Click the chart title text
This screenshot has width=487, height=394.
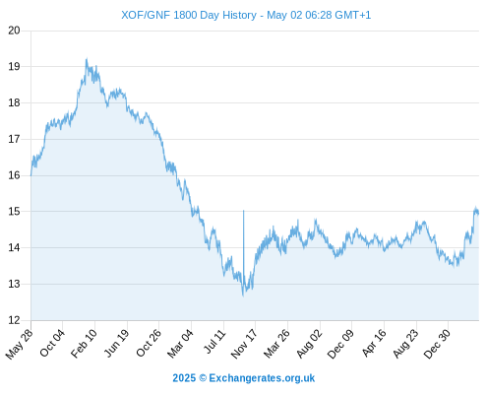tap(246, 15)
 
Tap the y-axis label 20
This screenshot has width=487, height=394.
tap(14, 31)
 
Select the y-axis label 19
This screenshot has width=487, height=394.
tap(14, 67)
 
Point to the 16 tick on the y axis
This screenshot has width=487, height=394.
tap(14, 175)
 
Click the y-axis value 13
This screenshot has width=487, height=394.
tap(14, 284)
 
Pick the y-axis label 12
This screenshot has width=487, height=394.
tap(14, 320)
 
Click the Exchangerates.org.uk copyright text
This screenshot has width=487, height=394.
tap(244, 378)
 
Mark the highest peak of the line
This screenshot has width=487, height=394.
tap(87, 59)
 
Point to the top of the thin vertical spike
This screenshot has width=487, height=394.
tap(243, 210)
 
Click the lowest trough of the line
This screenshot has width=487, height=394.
tap(243, 295)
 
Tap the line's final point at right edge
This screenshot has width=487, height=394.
tap(478, 214)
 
